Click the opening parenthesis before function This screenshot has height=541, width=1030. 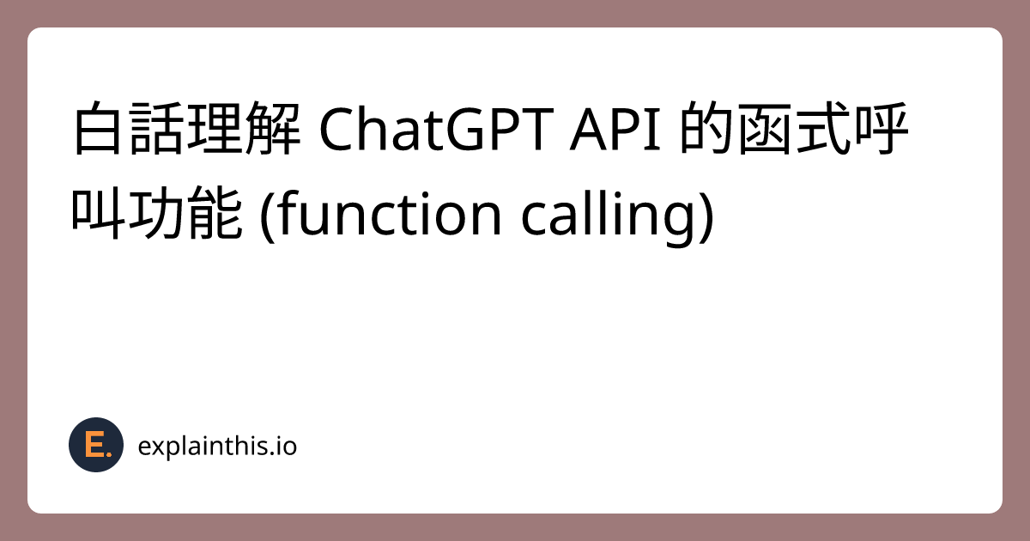tap(265, 216)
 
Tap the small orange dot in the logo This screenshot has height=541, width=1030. tap(109, 453)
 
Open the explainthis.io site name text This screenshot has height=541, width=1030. tap(217, 447)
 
